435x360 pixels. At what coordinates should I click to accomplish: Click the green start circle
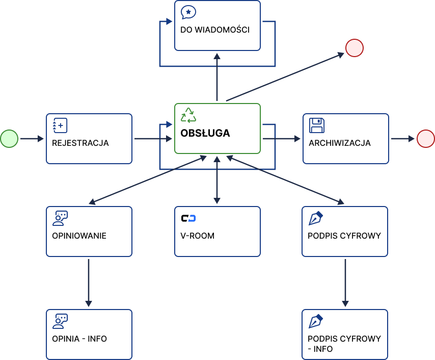(9, 138)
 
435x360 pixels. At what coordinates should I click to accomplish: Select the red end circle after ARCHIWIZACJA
(425, 138)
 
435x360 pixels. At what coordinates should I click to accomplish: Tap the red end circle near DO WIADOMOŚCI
(354, 48)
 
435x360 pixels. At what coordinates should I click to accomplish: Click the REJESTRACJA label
(80, 143)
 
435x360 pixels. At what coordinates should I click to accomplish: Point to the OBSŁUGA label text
(205, 134)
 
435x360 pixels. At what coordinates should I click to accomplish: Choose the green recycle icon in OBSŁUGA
(188, 115)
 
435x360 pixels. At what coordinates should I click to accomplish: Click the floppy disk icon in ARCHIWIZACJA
(317, 125)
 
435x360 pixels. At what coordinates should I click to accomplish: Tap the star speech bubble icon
(188, 12)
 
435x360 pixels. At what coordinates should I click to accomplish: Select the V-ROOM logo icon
(188, 219)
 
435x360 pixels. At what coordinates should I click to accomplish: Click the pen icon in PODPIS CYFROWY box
(316, 219)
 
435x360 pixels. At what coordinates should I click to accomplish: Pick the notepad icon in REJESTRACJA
(60, 125)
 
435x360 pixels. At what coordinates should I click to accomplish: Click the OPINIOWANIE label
(79, 236)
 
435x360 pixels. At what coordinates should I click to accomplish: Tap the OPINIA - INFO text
(79, 339)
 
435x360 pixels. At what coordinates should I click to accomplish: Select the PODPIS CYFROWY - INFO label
(344, 344)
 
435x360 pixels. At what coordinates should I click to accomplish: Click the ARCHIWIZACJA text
(340, 143)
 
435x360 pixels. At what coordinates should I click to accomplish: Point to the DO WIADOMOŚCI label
(215, 30)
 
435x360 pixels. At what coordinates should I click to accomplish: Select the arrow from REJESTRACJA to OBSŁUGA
(153, 138)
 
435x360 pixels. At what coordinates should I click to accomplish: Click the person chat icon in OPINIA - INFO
(60, 322)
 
